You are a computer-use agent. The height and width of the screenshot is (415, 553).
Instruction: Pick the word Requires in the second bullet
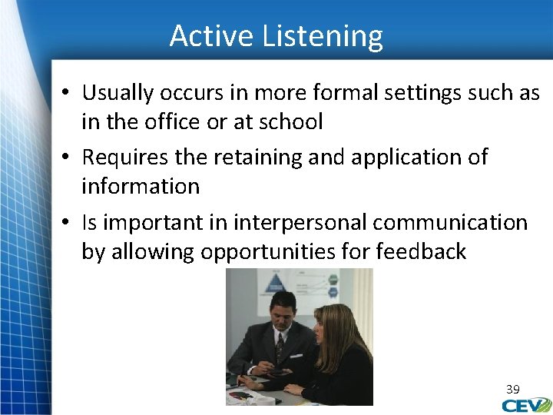click(126, 158)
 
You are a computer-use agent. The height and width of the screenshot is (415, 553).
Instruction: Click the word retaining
click(253, 158)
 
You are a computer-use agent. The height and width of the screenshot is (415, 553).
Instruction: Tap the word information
click(141, 186)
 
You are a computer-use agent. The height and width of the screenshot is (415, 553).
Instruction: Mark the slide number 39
click(513, 390)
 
